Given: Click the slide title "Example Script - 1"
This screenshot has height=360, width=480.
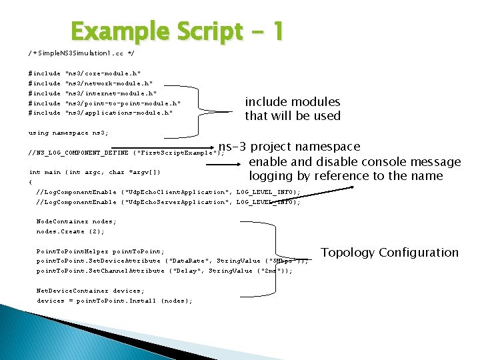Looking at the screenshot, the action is point(177,31).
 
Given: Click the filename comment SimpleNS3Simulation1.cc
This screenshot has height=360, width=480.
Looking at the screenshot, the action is point(81,52).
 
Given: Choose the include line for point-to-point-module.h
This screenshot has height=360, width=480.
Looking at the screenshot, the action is point(105,103).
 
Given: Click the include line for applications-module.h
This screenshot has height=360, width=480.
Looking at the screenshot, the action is point(101,113).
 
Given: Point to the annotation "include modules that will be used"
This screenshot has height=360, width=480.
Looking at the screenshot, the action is point(293,109).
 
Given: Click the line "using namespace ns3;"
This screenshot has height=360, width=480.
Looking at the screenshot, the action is point(69,133).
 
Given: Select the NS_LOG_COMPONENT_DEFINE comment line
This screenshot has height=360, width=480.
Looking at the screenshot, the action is point(127,153).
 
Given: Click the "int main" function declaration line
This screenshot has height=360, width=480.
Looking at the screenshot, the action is point(95,172).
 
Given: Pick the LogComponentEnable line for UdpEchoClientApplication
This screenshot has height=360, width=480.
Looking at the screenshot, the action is point(168,192).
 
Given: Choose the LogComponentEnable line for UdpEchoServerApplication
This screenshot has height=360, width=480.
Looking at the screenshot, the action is point(168,202).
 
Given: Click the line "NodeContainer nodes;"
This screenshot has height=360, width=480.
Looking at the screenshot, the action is point(76,221).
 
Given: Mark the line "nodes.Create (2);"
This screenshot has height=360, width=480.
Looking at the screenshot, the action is point(70,231).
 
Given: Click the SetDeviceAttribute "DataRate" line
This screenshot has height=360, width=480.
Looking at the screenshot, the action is point(172,261).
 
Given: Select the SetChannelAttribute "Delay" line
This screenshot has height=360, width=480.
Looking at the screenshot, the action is point(164,271).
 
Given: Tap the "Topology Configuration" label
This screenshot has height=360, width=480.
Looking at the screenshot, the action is point(390,252).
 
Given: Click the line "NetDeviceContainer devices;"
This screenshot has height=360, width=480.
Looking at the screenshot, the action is point(90,291).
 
